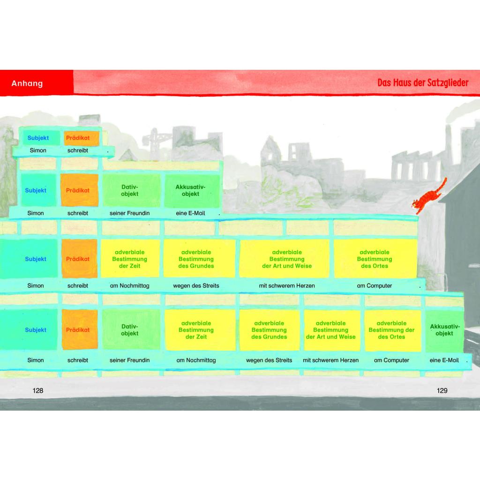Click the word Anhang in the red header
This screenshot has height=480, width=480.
27,83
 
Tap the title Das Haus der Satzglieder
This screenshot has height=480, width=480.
423,82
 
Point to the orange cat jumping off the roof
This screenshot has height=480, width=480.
429,196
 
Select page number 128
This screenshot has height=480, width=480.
37,390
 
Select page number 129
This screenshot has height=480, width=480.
442,390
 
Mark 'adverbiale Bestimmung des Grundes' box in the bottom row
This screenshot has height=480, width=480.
269,330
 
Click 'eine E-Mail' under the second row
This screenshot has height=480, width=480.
190,213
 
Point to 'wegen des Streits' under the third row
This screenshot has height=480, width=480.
196,285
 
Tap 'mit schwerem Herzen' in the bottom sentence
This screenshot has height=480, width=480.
330,360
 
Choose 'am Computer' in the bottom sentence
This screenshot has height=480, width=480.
391,360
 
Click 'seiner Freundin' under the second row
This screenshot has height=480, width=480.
129,213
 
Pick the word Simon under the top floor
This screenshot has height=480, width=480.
38,150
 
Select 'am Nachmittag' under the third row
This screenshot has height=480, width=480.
129,285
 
